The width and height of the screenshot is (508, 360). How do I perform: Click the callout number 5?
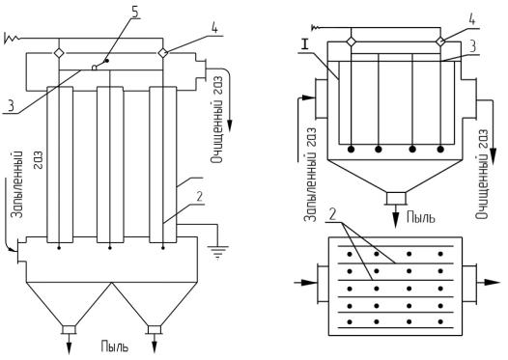pos(135,12)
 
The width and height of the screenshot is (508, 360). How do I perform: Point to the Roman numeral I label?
pos(304,45)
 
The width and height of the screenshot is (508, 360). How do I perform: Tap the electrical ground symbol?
pos(218,252)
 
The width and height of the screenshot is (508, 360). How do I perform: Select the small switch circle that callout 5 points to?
pos(95,68)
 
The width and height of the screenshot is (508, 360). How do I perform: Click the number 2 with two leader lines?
pos(333,214)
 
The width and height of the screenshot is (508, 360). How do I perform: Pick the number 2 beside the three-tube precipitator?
pos(200,197)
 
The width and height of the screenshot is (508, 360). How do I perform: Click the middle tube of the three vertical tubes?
pos(110,165)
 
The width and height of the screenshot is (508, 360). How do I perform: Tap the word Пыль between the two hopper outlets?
pos(114,346)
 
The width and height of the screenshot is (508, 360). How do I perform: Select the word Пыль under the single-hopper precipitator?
pos(421,217)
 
